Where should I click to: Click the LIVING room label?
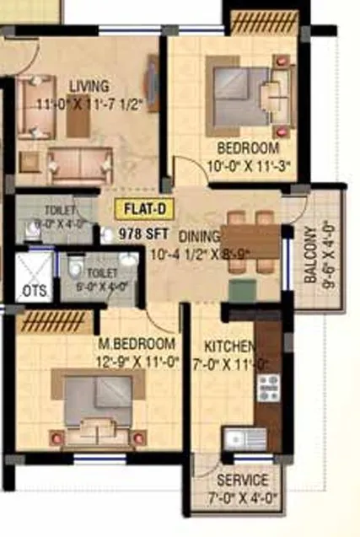(x=89, y=85)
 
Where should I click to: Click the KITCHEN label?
(x=229, y=346)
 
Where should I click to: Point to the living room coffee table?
(x=78, y=117)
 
